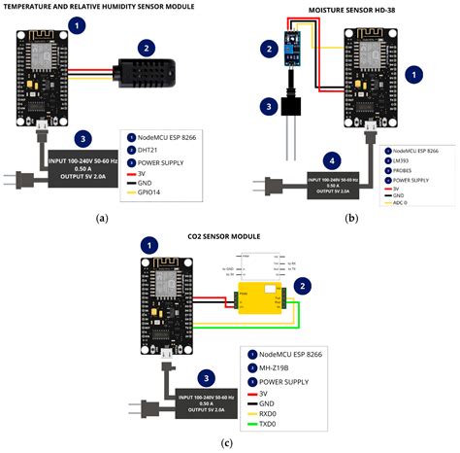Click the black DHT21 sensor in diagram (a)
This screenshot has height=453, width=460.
click(149, 71)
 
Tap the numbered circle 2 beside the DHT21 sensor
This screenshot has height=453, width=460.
click(146, 47)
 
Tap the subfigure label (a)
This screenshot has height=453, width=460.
click(102, 219)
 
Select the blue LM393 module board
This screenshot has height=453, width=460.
click(292, 47)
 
